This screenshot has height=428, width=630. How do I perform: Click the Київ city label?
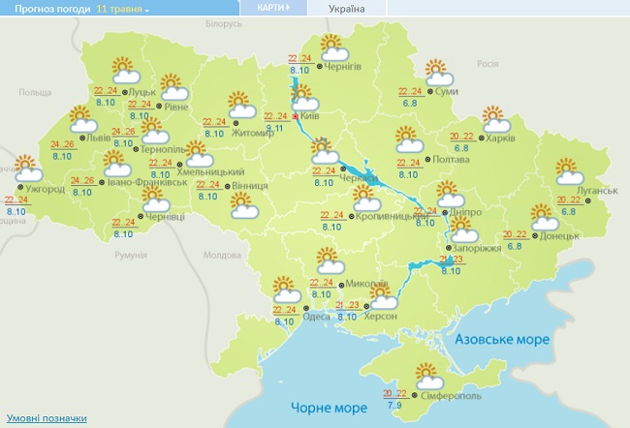point(311,115)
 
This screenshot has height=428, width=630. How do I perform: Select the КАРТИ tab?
point(272,8)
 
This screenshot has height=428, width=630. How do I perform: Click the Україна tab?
point(347,9)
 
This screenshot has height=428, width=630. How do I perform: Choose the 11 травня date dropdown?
point(123,9)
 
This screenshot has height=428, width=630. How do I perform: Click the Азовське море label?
point(502,340)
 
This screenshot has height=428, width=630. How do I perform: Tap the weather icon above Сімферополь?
point(426,374)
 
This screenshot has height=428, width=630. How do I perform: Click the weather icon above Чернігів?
point(332,46)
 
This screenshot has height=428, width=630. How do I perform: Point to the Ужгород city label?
point(45,188)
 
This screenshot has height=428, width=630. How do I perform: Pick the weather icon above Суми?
point(440,71)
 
